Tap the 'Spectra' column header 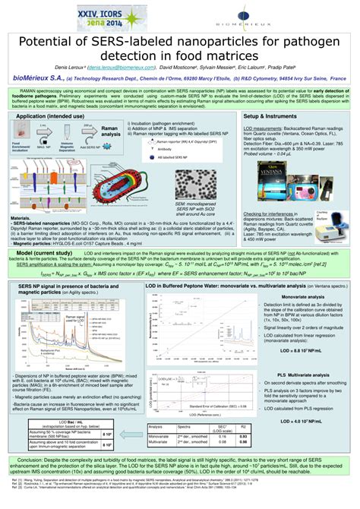184,428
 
